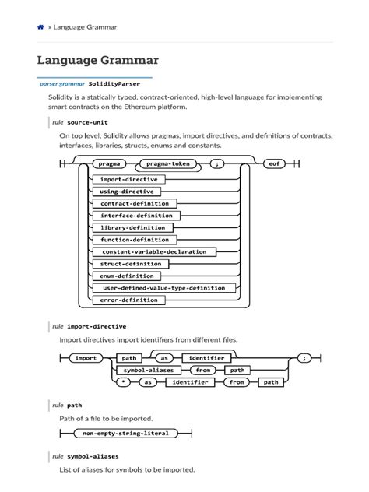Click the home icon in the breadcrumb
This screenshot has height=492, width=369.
coord(40,26)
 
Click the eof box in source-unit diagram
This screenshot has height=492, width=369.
coord(273,164)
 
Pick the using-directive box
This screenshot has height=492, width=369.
coord(127,191)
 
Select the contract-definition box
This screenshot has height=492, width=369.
coord(134,203)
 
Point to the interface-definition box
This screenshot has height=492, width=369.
coord(136,215)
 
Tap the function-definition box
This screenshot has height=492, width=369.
coord(135,239)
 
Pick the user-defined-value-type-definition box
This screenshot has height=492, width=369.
coord(163,287)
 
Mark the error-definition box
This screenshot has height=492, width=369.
coord(129,300)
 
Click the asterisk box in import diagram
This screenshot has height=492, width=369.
coord(124,382)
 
